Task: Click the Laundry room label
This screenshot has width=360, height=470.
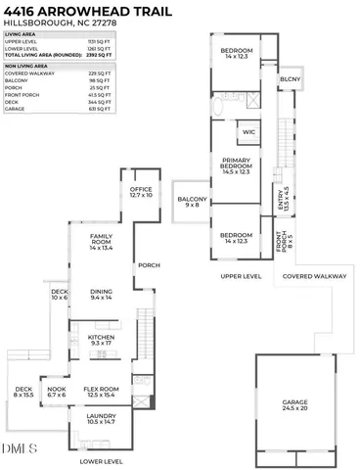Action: point(102,417)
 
